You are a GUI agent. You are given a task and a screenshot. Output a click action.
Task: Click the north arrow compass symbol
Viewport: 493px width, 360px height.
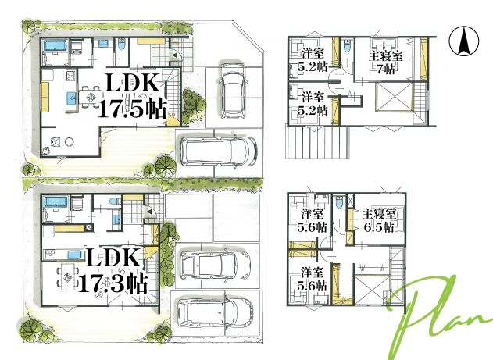pos(464,41)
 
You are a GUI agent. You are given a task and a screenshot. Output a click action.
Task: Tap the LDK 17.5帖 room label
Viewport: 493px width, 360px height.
pos(132,96)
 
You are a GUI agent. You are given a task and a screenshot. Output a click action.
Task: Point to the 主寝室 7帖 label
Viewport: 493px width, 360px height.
pos(386,62)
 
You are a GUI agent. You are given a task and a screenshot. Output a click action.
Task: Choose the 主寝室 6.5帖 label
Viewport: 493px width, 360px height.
pos(379,220)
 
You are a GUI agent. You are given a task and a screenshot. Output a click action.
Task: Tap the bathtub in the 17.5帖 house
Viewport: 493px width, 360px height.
pos(55,45)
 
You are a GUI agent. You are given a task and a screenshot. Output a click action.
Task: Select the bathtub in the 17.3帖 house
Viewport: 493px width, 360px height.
pos(55,202)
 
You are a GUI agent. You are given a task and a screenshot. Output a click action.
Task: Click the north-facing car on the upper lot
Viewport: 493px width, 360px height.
pos(233,91)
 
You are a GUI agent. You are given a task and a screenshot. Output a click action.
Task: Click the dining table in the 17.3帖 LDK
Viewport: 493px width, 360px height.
pos(67,276)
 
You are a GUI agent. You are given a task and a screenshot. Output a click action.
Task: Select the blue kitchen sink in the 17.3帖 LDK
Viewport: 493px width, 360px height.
pos(74,255)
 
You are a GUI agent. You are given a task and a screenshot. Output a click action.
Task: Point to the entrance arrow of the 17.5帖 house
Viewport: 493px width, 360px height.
pos(176,55)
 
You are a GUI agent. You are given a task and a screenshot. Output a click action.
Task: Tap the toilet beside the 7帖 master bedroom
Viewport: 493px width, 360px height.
pos(347,46)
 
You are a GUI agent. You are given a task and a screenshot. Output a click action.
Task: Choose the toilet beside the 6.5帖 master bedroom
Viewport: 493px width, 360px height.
pos(339,202)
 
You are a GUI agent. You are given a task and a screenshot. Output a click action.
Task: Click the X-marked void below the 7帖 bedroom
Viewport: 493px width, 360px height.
pos(394,98)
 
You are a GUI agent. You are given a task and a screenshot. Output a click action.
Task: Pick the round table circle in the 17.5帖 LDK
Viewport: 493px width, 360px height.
pos(70,142)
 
